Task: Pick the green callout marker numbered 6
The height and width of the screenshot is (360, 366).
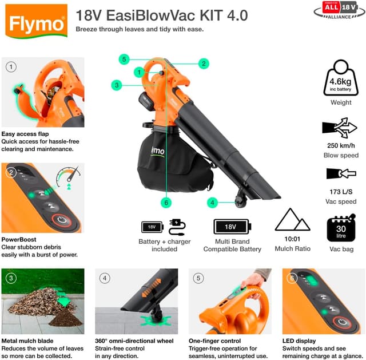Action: [x=166, y=203]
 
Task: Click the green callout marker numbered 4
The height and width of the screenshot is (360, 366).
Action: [x=212, y=203]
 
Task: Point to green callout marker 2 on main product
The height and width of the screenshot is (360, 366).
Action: [x=203, y=64]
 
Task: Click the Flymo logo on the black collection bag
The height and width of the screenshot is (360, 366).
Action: [x=157, y=152]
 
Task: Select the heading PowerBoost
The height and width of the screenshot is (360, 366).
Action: [x=19, y=239]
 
